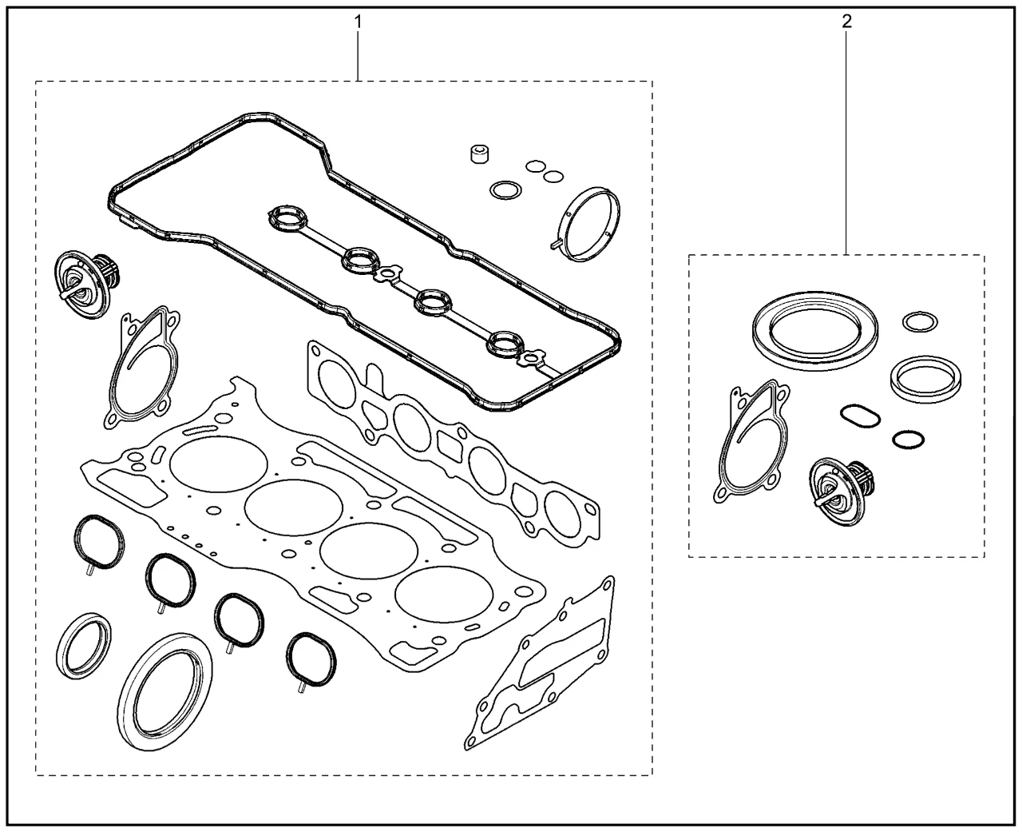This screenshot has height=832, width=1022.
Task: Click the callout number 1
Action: (x=358, y=22)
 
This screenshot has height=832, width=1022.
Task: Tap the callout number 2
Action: (x=846, y=22)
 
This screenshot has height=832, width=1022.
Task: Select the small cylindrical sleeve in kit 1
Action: (x=479, y=153)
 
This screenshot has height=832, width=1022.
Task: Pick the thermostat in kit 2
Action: (x=841, y=491)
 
